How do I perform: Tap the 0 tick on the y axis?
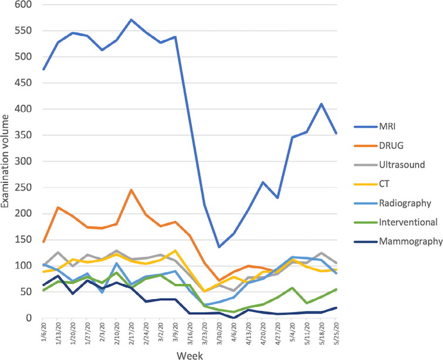[31, 318]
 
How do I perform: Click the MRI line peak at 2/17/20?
[131, 20]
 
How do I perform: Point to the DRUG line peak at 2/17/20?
[131, 190]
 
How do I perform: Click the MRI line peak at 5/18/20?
[322, 104]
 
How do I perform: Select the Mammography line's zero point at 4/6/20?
[234, 317]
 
